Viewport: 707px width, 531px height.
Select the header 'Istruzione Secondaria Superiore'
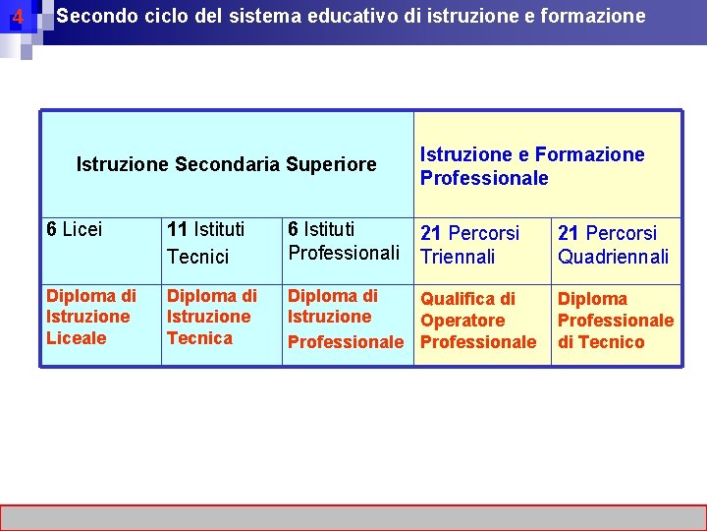(226, 164)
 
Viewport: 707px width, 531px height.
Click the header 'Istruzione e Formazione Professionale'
(532, 166)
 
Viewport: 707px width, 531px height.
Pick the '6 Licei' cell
(74, 230)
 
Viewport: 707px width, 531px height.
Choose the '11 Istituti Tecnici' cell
(205, 243)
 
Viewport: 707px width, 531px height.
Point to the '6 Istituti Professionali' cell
(344, 241)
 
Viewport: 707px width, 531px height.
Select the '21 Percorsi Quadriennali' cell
(613, 245)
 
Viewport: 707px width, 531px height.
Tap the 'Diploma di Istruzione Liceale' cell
(90, 317)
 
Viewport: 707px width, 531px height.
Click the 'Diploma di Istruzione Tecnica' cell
(211, 317)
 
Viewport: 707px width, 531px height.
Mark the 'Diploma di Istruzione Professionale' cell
(345, 319)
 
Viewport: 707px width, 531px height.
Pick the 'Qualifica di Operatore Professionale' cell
(478, 321)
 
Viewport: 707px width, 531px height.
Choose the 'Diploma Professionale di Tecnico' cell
(616, 321)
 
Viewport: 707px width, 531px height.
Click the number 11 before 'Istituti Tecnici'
(178, 230)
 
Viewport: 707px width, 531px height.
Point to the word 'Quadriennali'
(613, 257)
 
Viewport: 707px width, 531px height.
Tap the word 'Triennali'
(458, 257)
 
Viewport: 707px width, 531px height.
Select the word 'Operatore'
(462, 321)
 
